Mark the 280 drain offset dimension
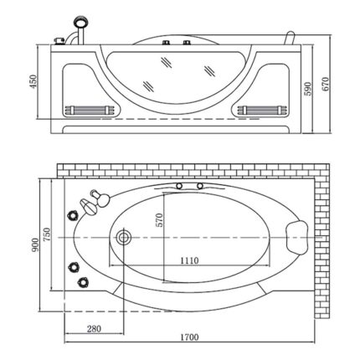pos(94,327)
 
